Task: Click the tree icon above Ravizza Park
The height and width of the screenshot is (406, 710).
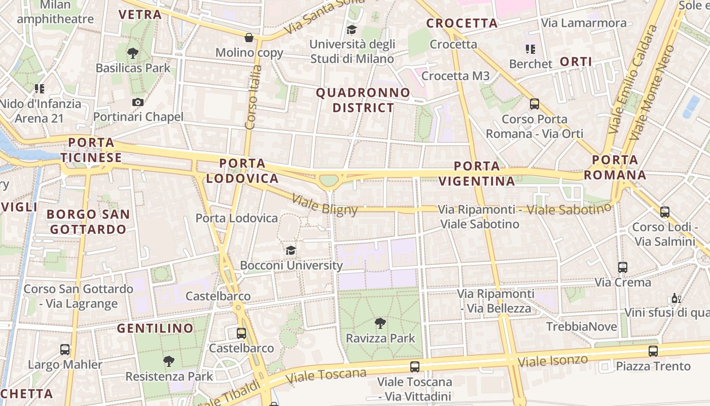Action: point(380,323)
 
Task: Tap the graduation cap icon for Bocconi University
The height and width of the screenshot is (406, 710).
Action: point(291,250)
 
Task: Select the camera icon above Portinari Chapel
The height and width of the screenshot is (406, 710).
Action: point(137,102)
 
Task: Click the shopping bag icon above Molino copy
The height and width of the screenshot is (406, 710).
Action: point(249,38)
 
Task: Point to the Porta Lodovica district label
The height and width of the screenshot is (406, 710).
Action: point(242,171)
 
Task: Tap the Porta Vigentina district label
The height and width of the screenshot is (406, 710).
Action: point(476,174)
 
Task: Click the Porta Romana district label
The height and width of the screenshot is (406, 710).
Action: point(615,167)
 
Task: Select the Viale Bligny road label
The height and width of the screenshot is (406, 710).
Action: point(325,205)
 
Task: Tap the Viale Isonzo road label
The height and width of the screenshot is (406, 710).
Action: point(553,361)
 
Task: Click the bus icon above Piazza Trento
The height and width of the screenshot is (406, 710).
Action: point(653,351)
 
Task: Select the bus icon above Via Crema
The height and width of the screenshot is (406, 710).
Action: point(623,267)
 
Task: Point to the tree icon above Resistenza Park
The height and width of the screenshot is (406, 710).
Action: point(169,361)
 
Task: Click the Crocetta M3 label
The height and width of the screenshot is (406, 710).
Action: point(455,76)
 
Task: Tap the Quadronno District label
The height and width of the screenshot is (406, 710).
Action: point(363,100)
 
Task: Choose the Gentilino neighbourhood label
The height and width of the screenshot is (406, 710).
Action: point(155,328)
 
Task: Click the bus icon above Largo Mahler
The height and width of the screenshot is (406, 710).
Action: point(65,349)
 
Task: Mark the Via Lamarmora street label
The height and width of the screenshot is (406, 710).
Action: point(584,23)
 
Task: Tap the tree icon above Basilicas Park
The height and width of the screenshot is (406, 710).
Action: point(133,53)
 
